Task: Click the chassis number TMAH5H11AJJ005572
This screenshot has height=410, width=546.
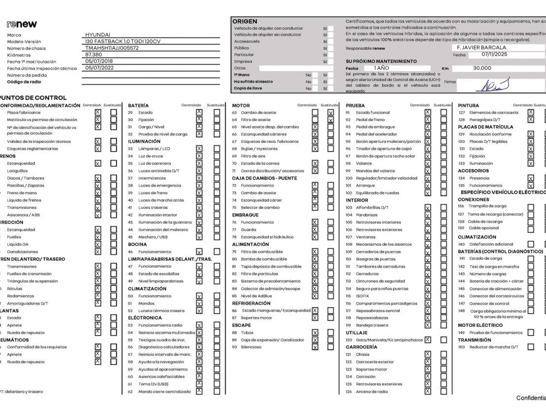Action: [112, 48]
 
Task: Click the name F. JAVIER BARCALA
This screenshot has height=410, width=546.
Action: [482, 48]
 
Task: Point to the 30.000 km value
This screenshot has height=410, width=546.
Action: [482, 68]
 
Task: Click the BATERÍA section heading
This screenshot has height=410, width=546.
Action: [139, 105]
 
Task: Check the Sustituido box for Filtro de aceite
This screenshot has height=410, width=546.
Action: [331, 120]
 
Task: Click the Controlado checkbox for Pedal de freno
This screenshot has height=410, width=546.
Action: [428, 120]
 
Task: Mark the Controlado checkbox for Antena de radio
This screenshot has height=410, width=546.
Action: [428, 392]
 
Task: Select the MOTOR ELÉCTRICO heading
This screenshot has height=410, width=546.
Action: [480, 325]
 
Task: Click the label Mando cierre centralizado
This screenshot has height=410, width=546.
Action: [162, 392]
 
